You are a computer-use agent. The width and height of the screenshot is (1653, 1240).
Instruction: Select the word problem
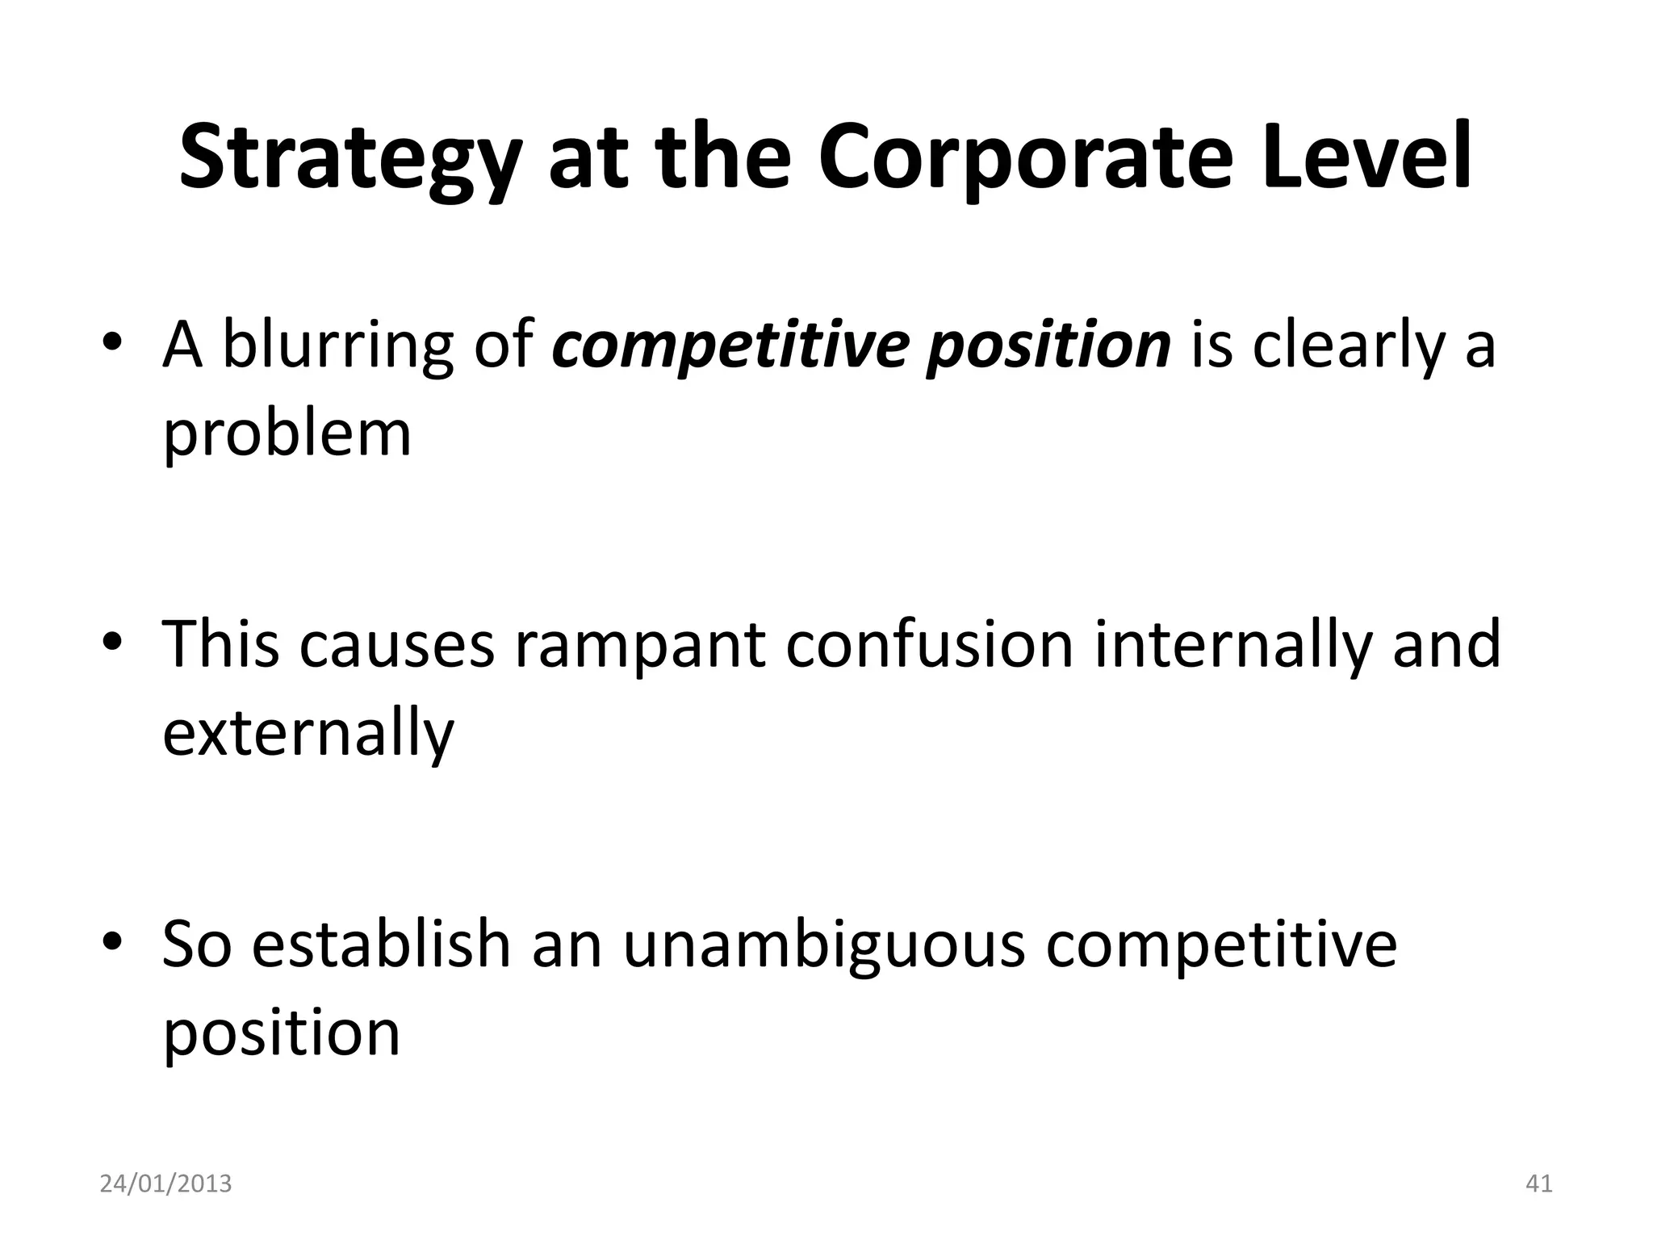click(x=287, y=434)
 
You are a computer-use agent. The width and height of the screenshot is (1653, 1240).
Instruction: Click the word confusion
click(x=929, y=643)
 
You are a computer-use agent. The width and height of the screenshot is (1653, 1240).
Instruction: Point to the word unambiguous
click(x=823, y=945)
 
